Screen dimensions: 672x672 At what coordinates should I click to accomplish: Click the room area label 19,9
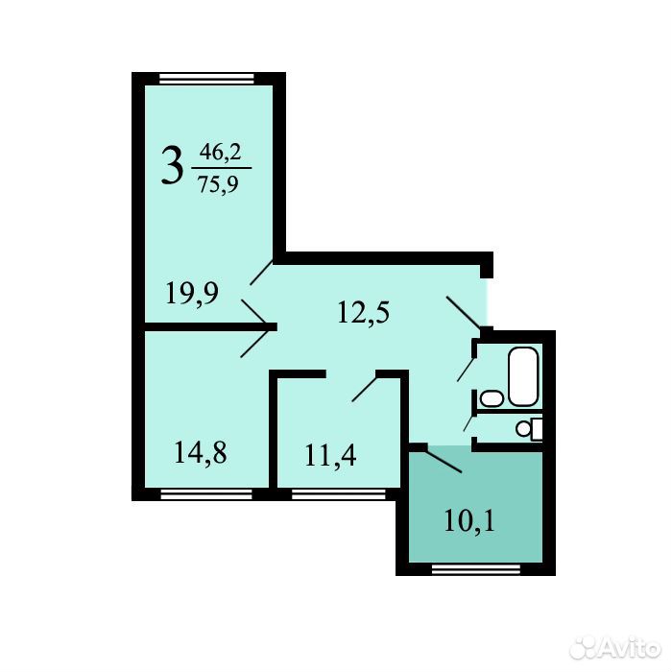192,293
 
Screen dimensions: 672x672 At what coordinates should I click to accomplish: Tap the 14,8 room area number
201,453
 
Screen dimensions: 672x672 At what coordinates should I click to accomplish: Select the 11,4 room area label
330,455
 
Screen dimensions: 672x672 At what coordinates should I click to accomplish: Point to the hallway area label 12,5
364,312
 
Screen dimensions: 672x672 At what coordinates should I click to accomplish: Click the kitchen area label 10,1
469,521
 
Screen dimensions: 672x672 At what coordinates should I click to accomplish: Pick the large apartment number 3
172,165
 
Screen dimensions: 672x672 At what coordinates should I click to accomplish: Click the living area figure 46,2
220,152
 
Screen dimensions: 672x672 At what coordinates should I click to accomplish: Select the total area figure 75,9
218,185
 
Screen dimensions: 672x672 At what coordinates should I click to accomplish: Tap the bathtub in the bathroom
523,376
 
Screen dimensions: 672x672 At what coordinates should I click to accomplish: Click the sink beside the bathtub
492,398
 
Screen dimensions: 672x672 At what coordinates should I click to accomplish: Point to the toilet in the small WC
529,428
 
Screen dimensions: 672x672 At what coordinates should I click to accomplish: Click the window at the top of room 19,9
206,79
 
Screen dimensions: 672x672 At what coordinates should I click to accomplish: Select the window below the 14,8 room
206,494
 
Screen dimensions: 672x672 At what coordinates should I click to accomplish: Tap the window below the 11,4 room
339,494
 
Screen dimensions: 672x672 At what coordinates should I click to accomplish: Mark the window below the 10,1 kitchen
476,569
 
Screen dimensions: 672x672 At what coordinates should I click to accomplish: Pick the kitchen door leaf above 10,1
444,460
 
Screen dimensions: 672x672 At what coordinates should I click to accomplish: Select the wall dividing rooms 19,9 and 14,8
210,327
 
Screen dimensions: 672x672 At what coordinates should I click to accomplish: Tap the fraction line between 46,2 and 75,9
221,168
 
